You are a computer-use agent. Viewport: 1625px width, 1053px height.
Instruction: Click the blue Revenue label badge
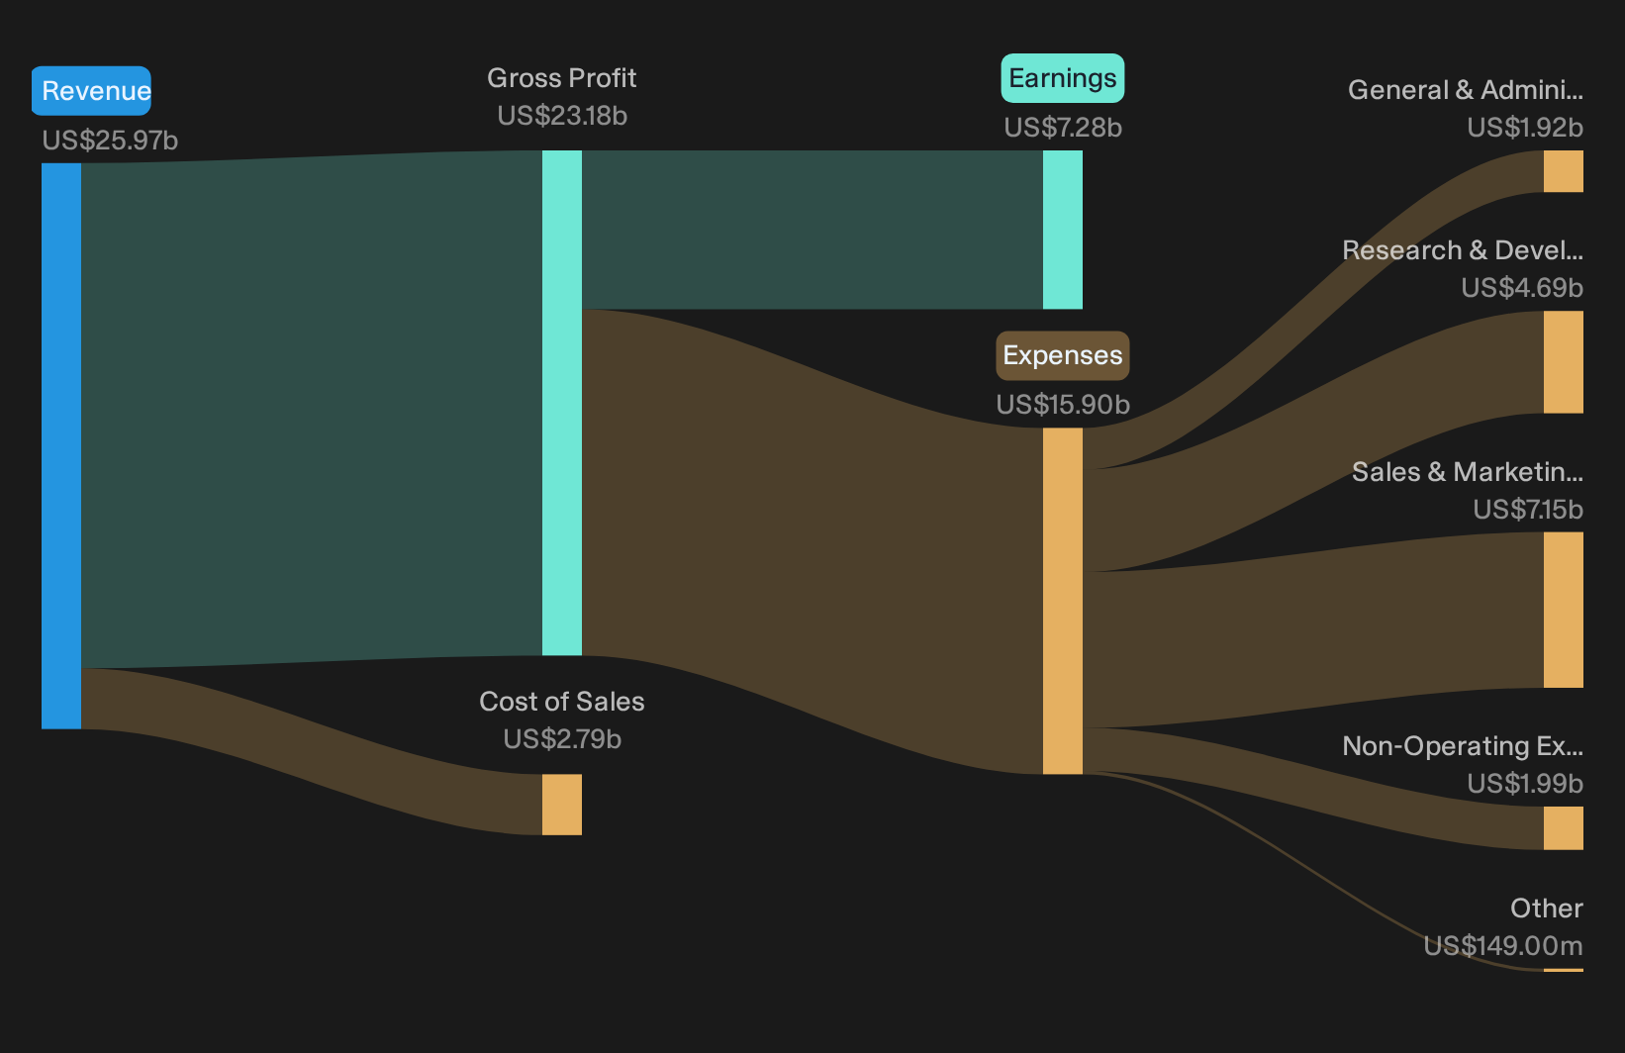(x=91, y=91)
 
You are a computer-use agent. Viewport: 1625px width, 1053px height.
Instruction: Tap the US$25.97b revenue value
(x=110, y=141)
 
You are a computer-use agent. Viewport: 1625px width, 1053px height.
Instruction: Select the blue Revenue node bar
(x=61, y=445)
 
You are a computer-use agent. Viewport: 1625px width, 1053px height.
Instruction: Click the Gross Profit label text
(x=561, y=78)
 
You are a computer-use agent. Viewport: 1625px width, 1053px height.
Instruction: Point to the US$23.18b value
(x=562, y=116)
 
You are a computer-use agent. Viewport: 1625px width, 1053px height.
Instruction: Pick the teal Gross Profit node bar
(x=562, y=403)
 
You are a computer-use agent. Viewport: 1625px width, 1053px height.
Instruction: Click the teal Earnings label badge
(x=1063, y=78)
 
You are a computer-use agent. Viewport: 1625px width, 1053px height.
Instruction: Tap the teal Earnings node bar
(x=1063, y=230)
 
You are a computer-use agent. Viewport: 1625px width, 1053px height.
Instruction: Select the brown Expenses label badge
(x=1063, y=355)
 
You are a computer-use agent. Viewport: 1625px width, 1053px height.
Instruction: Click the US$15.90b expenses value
(x=1063, y=405)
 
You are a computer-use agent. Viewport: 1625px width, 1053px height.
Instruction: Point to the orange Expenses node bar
(x=1063, y=601)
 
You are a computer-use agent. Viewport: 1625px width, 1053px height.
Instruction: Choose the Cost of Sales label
(x=561, y=702)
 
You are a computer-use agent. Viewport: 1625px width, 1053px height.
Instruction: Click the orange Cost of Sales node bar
(x=562, y=804)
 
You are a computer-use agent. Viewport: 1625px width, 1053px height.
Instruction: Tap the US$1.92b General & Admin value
(x=1525, y=128)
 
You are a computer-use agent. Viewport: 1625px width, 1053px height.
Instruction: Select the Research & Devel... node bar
(x=1564, y=362)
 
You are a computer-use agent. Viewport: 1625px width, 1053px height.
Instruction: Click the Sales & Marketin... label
(x=1468, y=472)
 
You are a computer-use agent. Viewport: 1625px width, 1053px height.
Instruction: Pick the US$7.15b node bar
(x=1564, y=610)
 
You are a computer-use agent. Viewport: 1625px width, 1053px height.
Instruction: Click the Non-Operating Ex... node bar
(x=1564, y=828)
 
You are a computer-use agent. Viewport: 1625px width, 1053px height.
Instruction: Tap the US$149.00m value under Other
(x=1503, y=946)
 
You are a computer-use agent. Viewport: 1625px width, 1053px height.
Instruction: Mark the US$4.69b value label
(x=1522, y=288)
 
